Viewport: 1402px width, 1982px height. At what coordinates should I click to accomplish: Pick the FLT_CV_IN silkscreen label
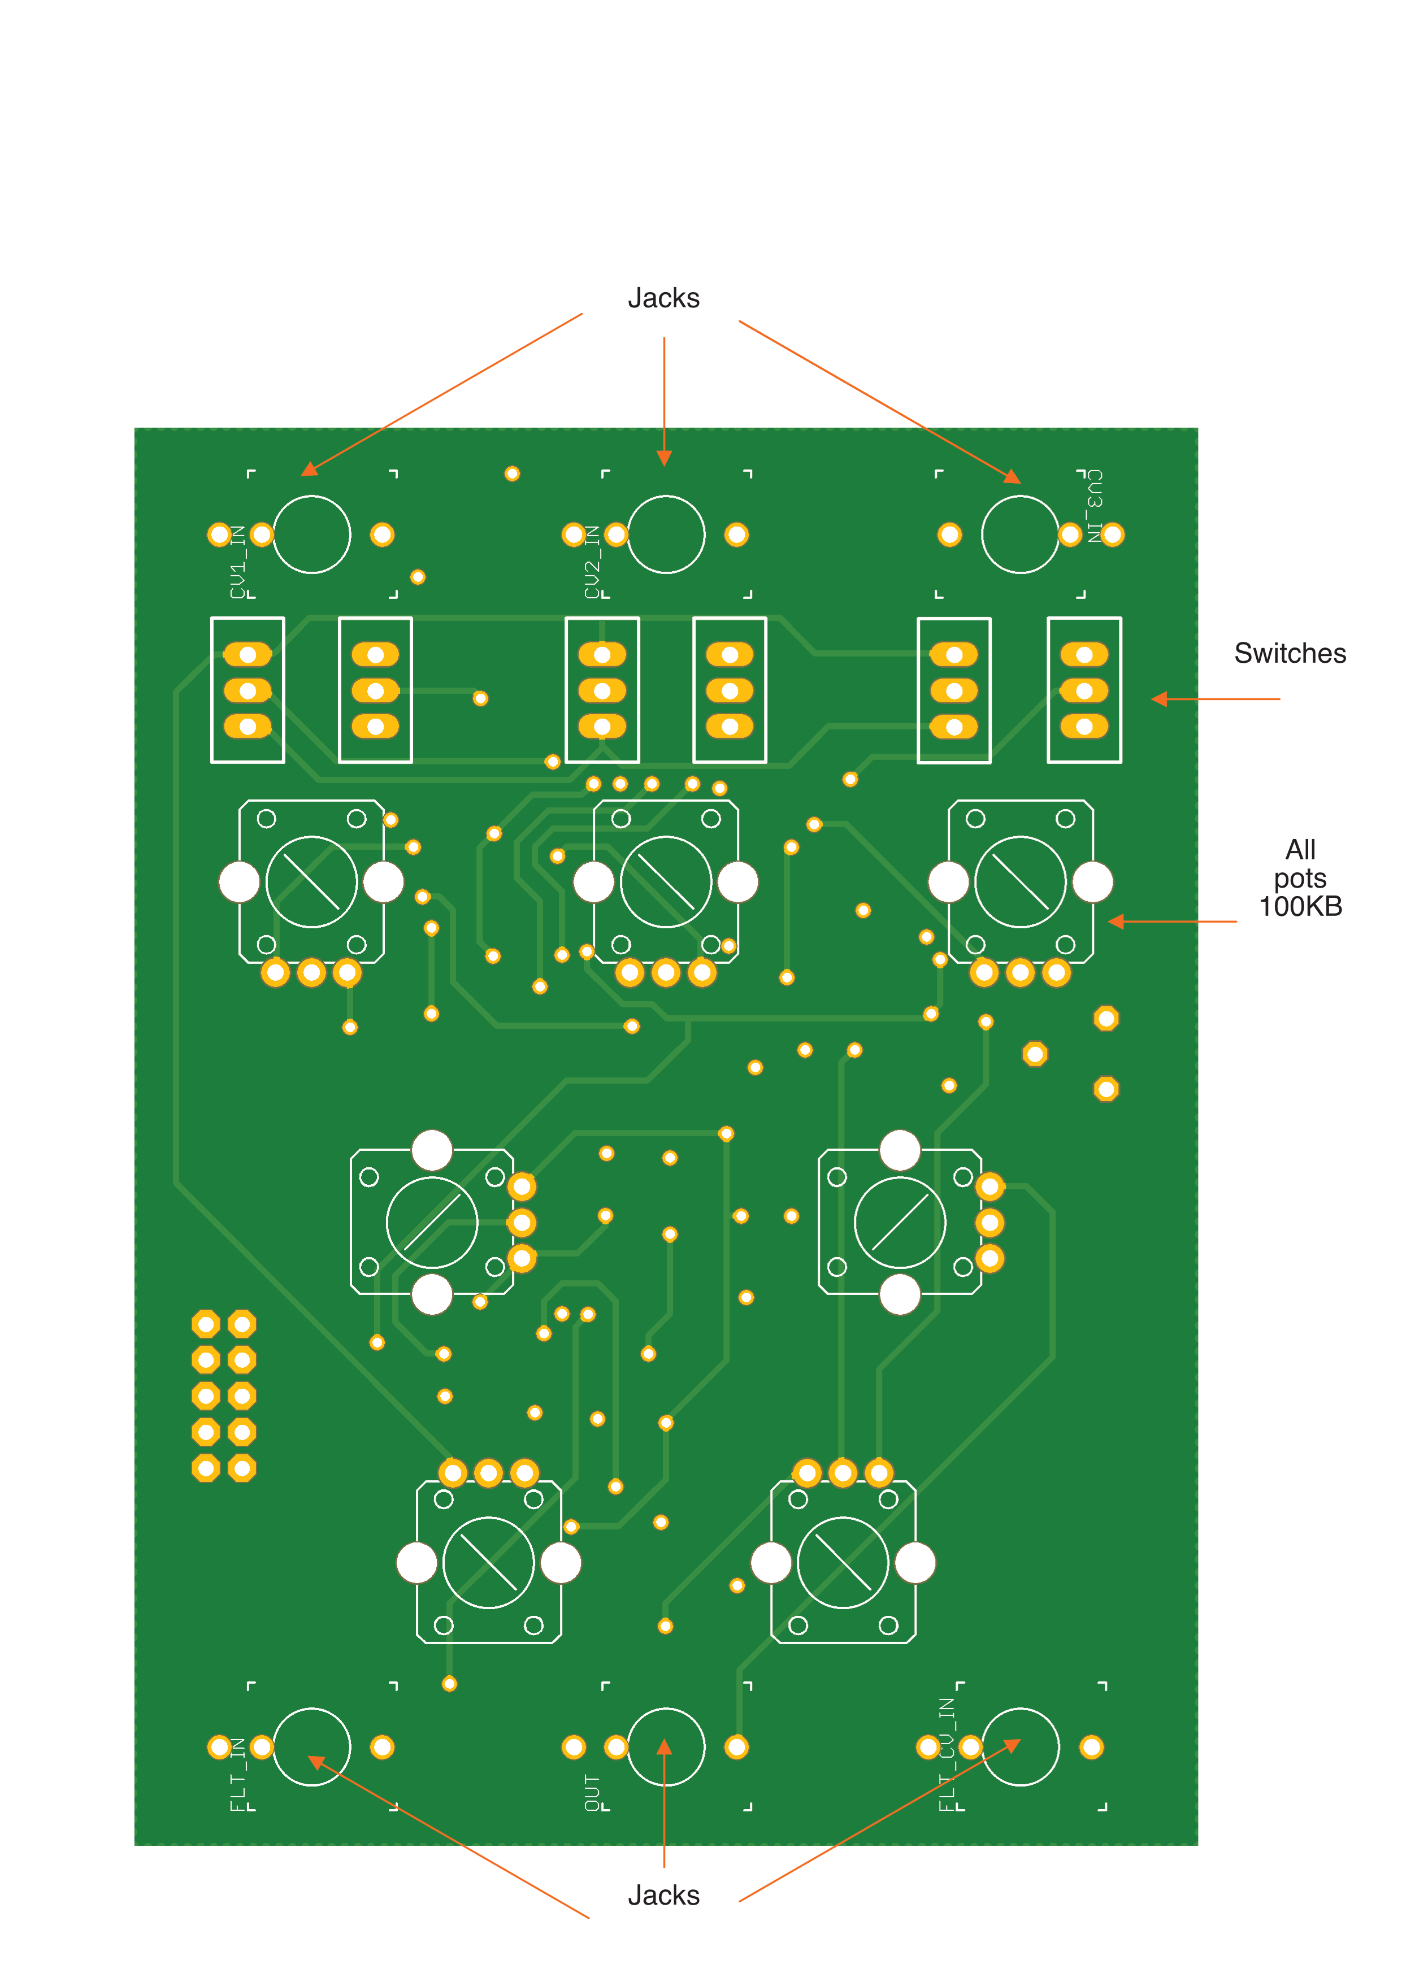947,1754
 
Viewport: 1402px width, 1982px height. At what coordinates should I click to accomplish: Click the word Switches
1290,654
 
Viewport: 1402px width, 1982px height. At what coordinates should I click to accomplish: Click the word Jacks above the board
663,299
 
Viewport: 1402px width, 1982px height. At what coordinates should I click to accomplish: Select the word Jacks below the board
663,1895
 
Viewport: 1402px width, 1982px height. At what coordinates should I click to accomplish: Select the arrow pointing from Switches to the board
1216,699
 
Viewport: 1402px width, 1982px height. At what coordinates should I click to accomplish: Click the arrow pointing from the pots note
1171,922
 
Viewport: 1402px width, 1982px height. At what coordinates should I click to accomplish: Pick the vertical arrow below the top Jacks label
664,401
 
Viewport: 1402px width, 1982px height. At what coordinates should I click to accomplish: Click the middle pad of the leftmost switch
248,690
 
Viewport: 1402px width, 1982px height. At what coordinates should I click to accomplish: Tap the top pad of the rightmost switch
1084,655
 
